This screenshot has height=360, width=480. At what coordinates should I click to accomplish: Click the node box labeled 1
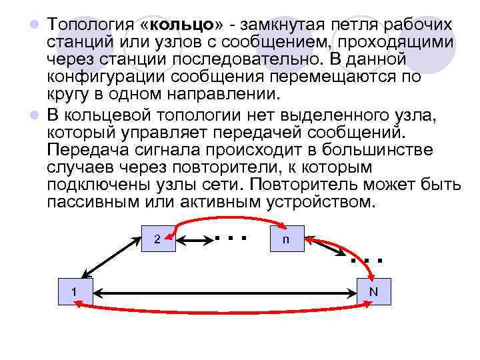[x=73, y=291]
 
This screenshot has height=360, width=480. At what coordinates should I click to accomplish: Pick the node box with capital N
[x=373, y=291]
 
